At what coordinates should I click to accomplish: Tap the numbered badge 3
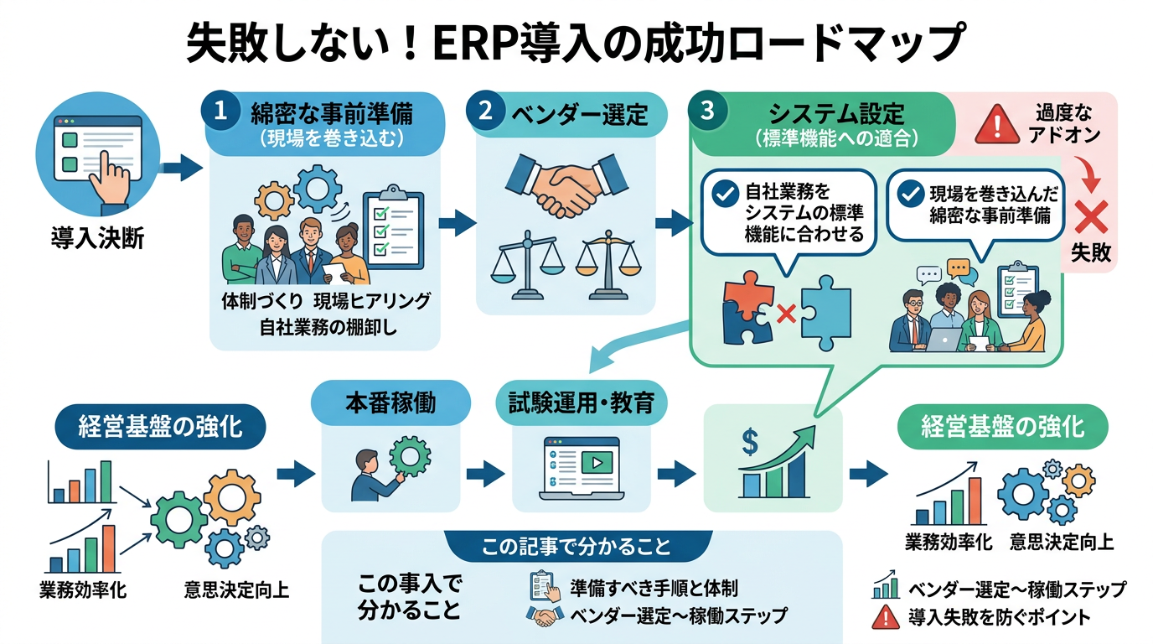706,112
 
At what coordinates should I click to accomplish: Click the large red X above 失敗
1091,217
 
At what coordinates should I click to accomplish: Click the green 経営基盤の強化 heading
1002,426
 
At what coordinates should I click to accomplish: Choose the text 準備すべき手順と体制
654,585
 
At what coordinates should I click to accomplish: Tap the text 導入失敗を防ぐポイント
999,618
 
